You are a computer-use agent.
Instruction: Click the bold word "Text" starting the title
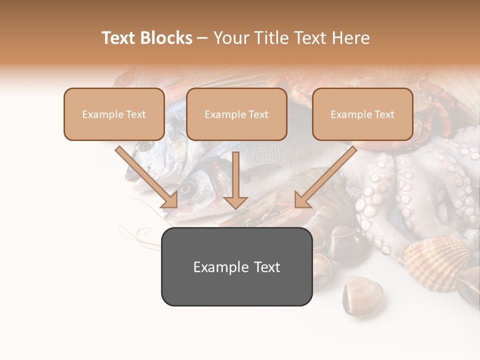coord(119,38)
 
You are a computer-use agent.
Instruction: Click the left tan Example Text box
coord(114,114)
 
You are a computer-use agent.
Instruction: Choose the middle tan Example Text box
coord(236,114)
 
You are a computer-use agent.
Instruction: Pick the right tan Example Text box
coord(362,114)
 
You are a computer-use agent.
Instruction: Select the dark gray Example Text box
coord(236,267)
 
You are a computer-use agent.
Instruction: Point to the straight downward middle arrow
coord(235,180)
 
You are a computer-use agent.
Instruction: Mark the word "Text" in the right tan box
coord(384,114)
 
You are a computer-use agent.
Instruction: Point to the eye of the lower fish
coord(186,189)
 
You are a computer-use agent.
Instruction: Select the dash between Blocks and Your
coord(202,38)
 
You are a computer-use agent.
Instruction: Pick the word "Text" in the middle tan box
coord(258,114)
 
